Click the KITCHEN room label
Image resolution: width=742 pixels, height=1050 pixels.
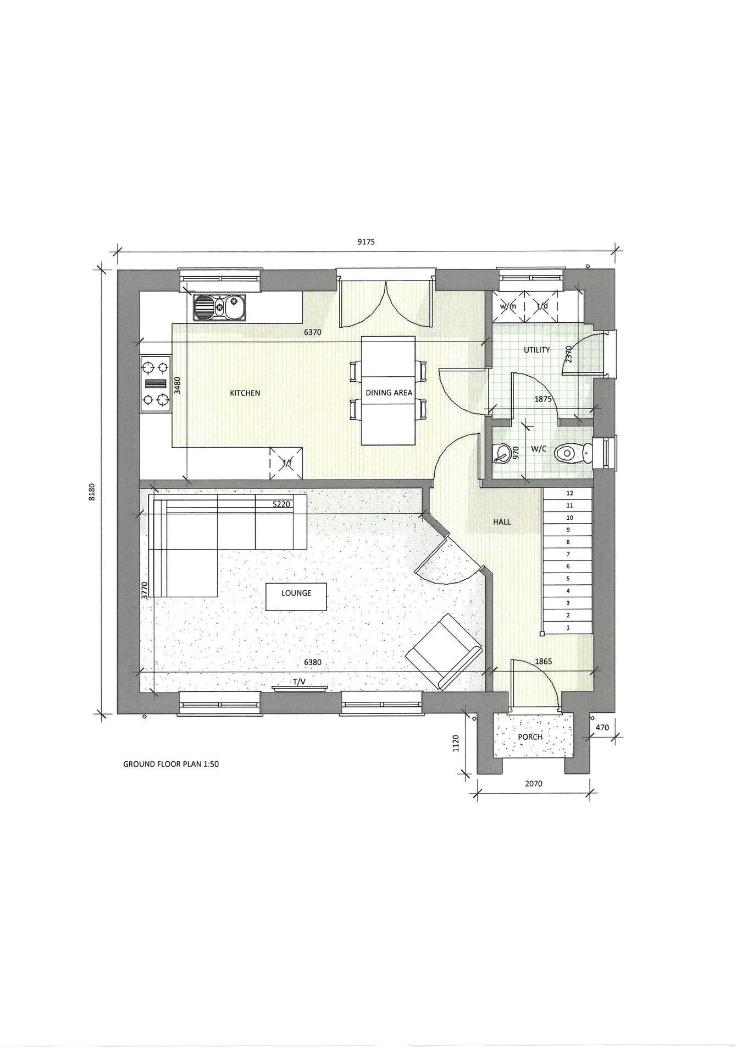pyautogui.click(x=245, y=393)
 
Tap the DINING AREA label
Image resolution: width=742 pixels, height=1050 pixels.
pyautogui.click(x=389, y=393)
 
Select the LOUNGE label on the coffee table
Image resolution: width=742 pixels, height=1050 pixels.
pyautogui.click(x=296, y=593)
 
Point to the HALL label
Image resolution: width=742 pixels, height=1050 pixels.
pyautogui.click(x=502, y=521)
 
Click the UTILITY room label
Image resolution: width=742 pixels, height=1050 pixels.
pyautogui.click(x=536, y=350)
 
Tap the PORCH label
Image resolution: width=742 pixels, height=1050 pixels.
pyautogui.click(x=530, y=737)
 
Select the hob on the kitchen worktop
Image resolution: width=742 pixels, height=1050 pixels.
pyautogui.click(x=155, y=384)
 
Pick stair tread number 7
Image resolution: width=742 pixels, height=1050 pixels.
pyautogui.click(x=568, y=554)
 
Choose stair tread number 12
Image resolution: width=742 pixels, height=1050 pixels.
pyautogui.click(x=568, y=494)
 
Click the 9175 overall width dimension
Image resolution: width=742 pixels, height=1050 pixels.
pyautogui.click(x=366, y=241)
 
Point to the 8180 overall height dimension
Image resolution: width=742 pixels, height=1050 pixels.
pyautogui.click(x=92, y=491)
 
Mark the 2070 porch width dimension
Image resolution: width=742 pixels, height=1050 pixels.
pyautogui.click(x=534, y=783)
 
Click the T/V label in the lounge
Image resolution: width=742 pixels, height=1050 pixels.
pyautogui.click(x=298, y=682)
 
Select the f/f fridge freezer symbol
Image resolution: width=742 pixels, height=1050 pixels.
pyautogui.click(x=286, y=463)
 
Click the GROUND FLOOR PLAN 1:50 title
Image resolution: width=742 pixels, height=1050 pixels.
pyautogui.click(x=171, y=764)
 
